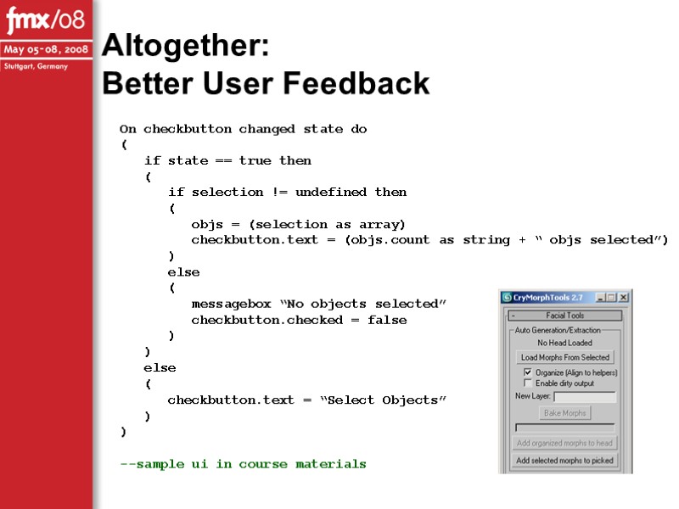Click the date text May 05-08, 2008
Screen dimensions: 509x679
(47, 49)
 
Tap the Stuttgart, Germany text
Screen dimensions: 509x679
(36, 66)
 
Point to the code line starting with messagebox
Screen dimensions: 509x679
(318, 304)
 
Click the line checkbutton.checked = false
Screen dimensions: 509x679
(299, 320)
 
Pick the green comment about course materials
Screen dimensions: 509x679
(244, 464)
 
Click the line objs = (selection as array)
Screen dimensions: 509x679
(299, 224)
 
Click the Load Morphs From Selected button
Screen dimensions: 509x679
(565, 357)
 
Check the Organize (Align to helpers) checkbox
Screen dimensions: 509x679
(527, 372)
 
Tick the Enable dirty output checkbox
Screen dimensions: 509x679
(527, 383)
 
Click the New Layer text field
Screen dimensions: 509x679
(585, 396)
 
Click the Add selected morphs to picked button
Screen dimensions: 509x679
(565, 461)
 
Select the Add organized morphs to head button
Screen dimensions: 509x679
(565, 443)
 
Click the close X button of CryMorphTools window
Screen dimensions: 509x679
(624, 298)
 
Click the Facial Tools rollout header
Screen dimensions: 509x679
(565, 316)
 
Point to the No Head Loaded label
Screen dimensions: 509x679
(565, 343)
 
